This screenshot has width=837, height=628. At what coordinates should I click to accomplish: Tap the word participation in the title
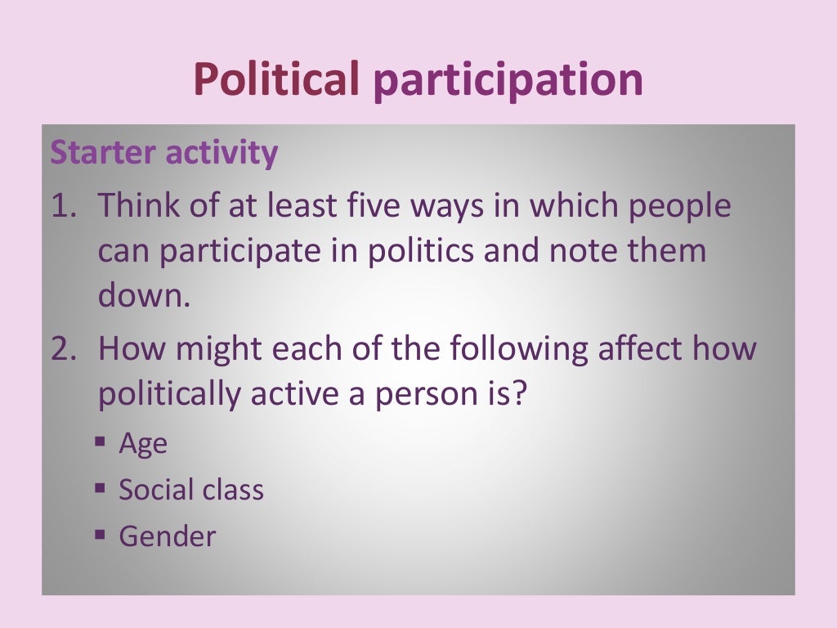(507, 81)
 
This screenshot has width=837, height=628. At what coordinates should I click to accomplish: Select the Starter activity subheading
(164, 153)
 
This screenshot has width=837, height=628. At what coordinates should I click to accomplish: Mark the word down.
(142, 296)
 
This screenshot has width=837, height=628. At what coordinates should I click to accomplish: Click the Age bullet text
(143, 445)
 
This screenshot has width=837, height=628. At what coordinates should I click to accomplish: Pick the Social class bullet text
(191, 490)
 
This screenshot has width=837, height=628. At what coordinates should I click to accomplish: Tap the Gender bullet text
(168, 536)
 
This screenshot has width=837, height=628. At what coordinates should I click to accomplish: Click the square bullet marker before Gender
(100, 536)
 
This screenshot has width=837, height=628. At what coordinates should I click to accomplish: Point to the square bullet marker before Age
(100, 442)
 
